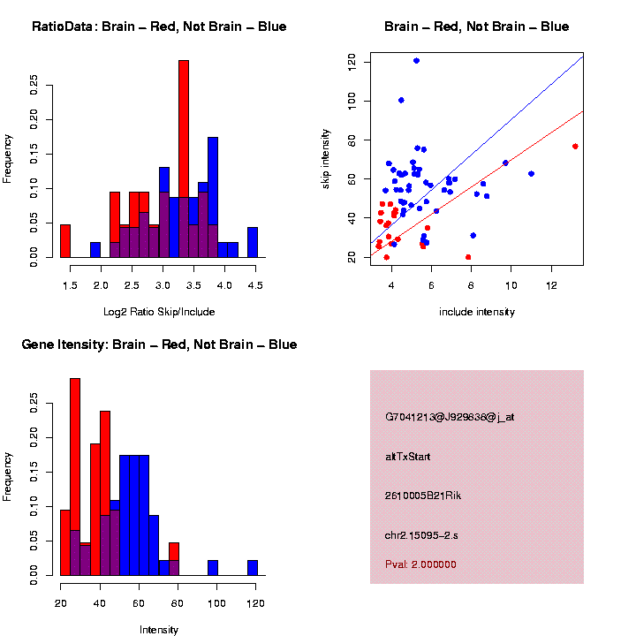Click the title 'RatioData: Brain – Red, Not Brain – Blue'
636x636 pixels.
click(159, 26)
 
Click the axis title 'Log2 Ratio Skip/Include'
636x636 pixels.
click(159, 312)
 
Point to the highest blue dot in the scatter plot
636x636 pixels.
click(416, 61)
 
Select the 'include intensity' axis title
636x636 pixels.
click(477, 312)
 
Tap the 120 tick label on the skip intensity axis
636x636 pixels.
click(352, 62)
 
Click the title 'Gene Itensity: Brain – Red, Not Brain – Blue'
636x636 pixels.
click(159, 344)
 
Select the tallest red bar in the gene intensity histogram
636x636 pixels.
click(75, 477)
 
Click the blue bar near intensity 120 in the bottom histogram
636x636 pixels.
click(253, 568)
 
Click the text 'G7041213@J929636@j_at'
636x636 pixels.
click(450, 417)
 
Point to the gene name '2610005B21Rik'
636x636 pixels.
click(423, 496)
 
